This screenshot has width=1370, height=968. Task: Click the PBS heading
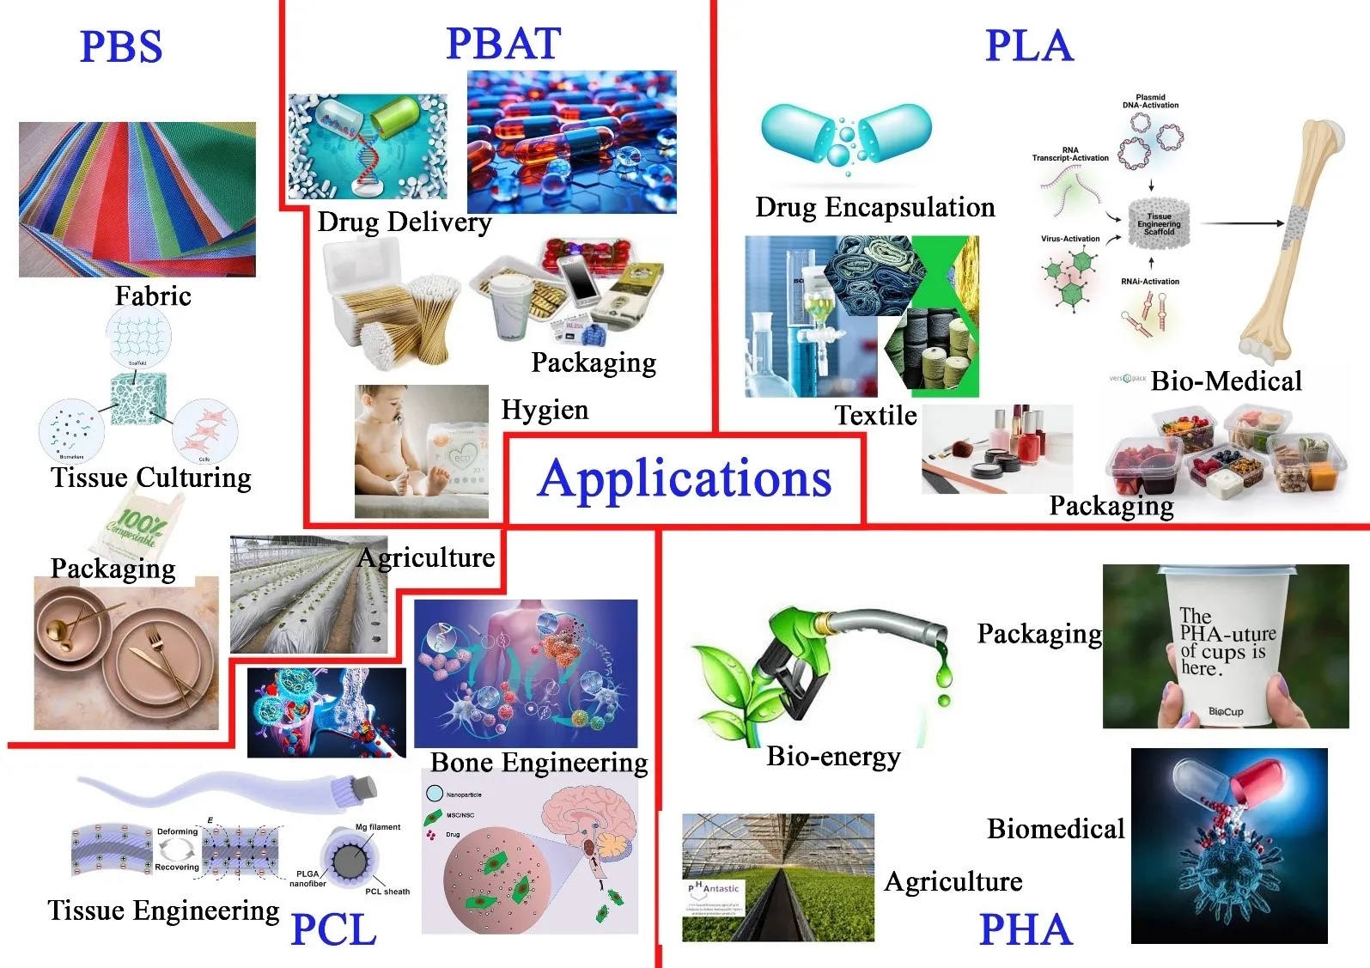point(120,46)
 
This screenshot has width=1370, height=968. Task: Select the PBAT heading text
point(503,43)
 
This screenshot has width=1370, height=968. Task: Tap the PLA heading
point(1028,46)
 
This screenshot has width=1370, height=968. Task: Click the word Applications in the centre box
point(685,478)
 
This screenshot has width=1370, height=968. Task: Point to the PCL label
point(333,929)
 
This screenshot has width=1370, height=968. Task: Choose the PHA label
point(1026,929)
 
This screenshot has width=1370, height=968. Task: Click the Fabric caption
point(153,295)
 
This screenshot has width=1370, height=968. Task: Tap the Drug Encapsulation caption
point(874,207)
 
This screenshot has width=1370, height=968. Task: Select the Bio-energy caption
point(833,756)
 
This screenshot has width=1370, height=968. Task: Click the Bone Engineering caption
point(539,762)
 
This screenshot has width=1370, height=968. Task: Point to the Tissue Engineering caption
point(163,910)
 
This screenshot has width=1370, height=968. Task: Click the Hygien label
point(545,410)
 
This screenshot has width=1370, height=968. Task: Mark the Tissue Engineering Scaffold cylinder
point(1158,224)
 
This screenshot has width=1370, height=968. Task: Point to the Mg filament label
point(378,827)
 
